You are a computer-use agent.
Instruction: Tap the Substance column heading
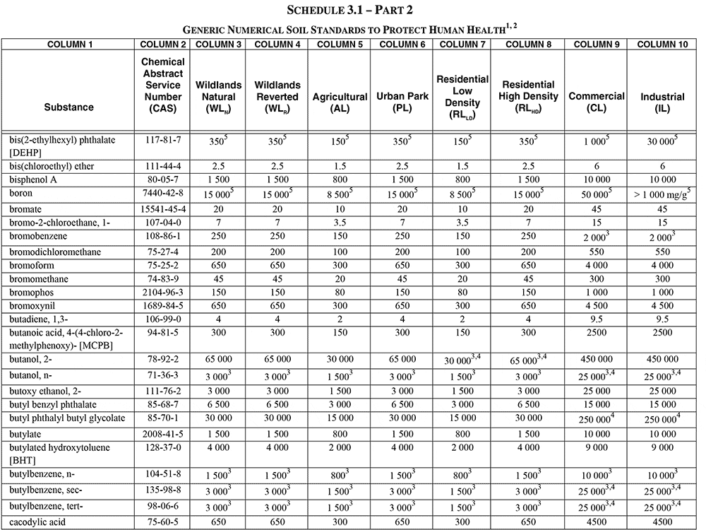click(68, 107)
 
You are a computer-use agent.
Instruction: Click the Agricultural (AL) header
click(340, 102)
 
